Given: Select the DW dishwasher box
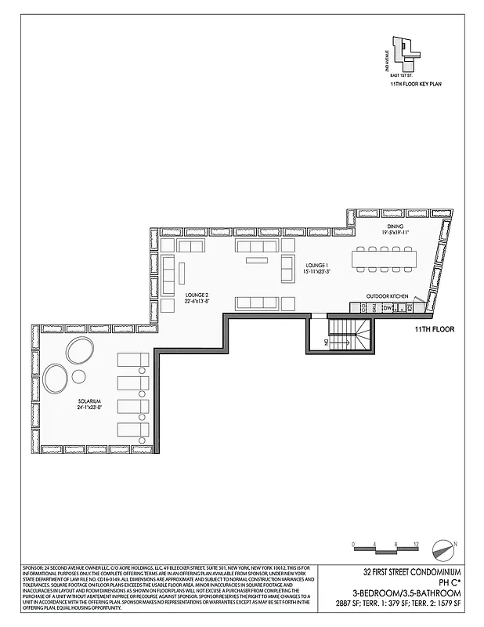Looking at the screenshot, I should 387,307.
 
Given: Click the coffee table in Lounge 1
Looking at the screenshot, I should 257,259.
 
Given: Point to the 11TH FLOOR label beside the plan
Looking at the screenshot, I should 435,330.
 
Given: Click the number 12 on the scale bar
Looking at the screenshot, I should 416,542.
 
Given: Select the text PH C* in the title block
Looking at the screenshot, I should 447,582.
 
